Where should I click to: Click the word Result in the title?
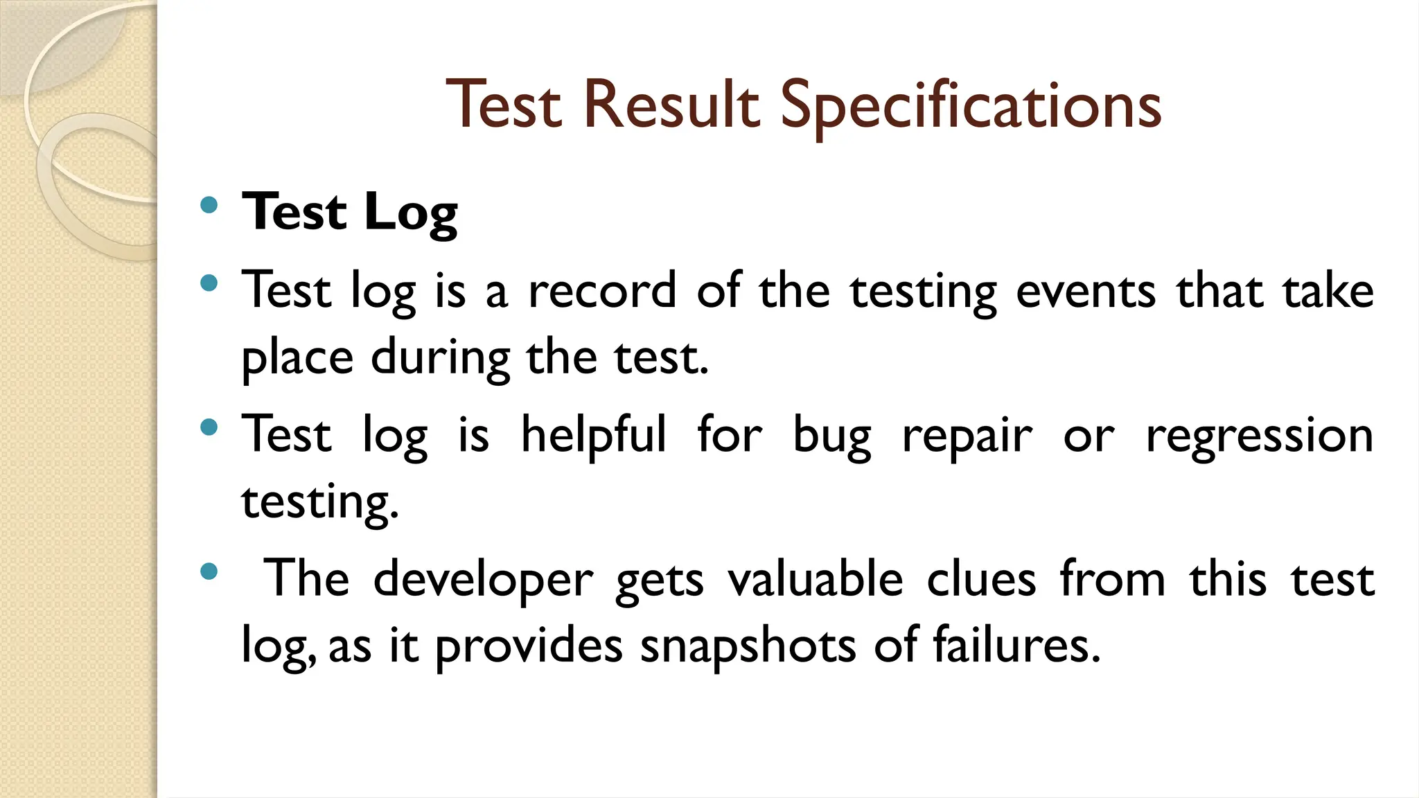pyautogui.click(x=671, y=105)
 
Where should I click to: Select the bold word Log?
pyautogui.click(x=410, y=213)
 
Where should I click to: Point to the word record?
pyautogui.click(x=602, y=291)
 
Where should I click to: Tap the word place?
pyautogui.click(x=297, y=359)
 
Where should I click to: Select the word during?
pyautogui.click(x=441, y=359)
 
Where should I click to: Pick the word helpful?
pyautogui.click(x=594, y=435)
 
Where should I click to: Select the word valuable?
pyautogui.click(x=815, y=578)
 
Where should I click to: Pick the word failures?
pyautogui.click(x=1016, y=646)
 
